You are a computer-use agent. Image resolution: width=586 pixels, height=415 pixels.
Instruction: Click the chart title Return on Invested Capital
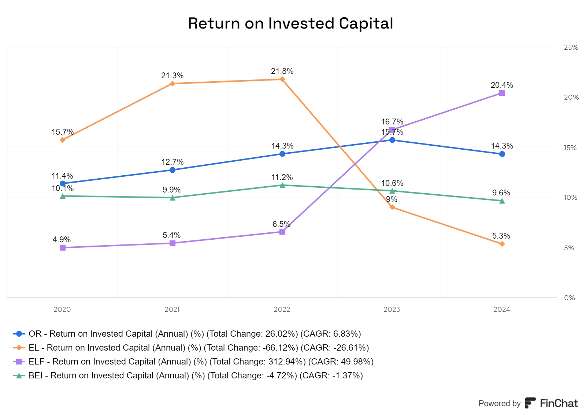(x=290, y=23)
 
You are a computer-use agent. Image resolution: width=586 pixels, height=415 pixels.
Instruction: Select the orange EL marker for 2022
(x=282, y=79)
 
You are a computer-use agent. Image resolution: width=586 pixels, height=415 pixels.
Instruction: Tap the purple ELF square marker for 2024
(x=502, y=93)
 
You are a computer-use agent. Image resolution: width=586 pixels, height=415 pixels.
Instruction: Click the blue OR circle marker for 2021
(x=173, y=170)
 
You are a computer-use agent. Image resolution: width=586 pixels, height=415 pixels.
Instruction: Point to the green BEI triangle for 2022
(x=282, y=185)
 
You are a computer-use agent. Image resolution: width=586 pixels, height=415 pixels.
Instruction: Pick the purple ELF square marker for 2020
(x=63, y=248)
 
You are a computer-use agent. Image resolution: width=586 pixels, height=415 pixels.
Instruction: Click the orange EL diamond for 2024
(x=502, y=244)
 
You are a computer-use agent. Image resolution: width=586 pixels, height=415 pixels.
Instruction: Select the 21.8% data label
(x=282, y=71)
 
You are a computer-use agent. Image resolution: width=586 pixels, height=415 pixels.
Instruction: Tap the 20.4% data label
(x=502, y=85)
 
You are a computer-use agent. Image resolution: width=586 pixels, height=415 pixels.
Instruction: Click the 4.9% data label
(x=62, y=239)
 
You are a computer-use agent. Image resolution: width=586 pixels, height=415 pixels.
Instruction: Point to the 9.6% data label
(x=501, y=192)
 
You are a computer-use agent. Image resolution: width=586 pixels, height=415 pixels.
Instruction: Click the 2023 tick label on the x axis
(x=392, y=310)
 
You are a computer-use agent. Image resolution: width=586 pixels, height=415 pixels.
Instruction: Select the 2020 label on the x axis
(x=62, y=310)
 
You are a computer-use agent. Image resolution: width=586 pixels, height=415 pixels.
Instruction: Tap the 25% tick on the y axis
(x=571, y=47)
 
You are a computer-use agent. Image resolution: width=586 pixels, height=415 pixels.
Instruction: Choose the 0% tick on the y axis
(x=569, y=298)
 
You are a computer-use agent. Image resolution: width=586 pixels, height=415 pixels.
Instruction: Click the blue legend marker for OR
(x=19, y=334)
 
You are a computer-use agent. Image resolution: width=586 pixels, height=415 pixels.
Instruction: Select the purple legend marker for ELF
(x=19, y=362)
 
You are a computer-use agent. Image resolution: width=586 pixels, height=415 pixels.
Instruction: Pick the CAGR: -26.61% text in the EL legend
(x=335, y=348)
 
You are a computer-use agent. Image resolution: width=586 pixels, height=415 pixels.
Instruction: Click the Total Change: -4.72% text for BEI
(x=252, y=375)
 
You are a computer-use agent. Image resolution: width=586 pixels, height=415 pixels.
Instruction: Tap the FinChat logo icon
(x=530, y=403)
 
